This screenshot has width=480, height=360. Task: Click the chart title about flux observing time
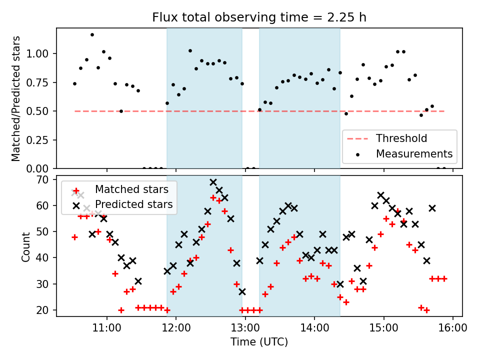click(x=259, y=17)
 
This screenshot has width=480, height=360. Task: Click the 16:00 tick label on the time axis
click(x=452, y=328)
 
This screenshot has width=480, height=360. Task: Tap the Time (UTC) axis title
click(x=259, y=342)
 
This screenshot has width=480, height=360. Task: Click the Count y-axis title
click(x=26, y=246)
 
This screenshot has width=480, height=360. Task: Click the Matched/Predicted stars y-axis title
click(x=16, y=98)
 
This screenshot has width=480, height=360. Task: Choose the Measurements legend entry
click(x=414, y=153)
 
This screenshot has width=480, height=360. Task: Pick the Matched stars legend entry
click(x=127, y=189)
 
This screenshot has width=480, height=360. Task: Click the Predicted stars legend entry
click(x=133, y=204)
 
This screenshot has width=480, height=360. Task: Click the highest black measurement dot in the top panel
click(x=92, y=34)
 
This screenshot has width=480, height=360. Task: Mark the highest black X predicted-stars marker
click(x=213, y=182)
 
